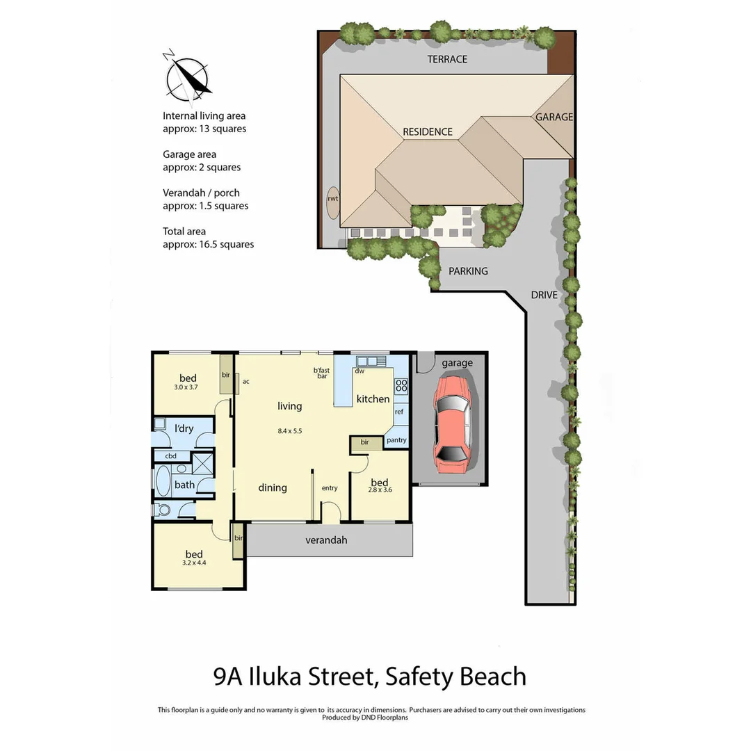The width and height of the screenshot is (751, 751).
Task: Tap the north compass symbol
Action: coord(187,74)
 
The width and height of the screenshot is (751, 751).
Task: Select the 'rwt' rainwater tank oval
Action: coord(333,198)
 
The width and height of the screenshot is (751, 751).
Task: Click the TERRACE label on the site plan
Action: coord(447,59)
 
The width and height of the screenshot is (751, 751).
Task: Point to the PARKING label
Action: coord(468,270)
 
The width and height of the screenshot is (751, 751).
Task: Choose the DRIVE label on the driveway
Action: coord(544,295)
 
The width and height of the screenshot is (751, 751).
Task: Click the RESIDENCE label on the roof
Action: coord(428,131)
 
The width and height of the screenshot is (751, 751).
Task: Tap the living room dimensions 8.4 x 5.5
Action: coord(289,431)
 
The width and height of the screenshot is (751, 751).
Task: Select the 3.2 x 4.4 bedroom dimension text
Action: coord(194,564)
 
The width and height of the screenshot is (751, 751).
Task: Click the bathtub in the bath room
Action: coord(163,481)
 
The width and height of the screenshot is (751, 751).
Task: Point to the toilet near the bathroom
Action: coord(164,510)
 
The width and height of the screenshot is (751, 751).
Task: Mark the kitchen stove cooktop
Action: coord(401,386)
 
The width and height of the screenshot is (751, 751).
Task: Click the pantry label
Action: coord(396,439)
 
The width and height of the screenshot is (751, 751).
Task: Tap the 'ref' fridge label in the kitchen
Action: coord(399,412)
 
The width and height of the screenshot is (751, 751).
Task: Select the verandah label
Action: coord(327,540)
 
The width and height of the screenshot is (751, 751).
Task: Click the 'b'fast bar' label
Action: coord(321,373)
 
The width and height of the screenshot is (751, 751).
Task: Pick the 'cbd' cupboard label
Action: coord(170,456)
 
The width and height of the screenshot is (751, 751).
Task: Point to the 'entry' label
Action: coord(330,488)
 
